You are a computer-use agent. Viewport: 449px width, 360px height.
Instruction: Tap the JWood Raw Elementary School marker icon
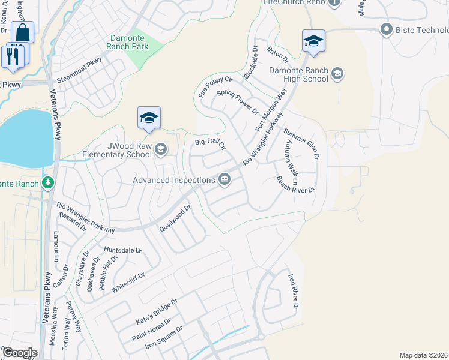pyautogui.click(x=160, y=149)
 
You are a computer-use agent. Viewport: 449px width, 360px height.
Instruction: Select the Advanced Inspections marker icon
pyautogui.click(x=224, y=179)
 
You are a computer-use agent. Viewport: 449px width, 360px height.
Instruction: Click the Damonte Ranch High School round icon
pyautogui.click(x=337, y=74)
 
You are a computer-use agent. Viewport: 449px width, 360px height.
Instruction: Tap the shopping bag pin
pyautogui.click(x=22, y=32)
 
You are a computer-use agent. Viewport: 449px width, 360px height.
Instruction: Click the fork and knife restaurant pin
pyautogui.click(x=12, y=56)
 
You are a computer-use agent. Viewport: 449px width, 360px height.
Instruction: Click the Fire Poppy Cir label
pyautogui.click(x=215, y=86)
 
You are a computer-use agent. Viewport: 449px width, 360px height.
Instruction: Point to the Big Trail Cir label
pyautogui.click(x=209, y=143)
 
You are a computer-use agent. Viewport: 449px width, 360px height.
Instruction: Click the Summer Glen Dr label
pyautogui.click(x=301, y=143)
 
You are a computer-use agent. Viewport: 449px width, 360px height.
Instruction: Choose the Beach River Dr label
pyautogui.click(x=295, y=184)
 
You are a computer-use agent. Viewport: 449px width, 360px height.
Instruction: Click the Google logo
pyautogui.click(x=19, y=352)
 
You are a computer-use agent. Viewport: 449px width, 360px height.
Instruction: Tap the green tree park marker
pyautogui.click(x=49, y=182)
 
